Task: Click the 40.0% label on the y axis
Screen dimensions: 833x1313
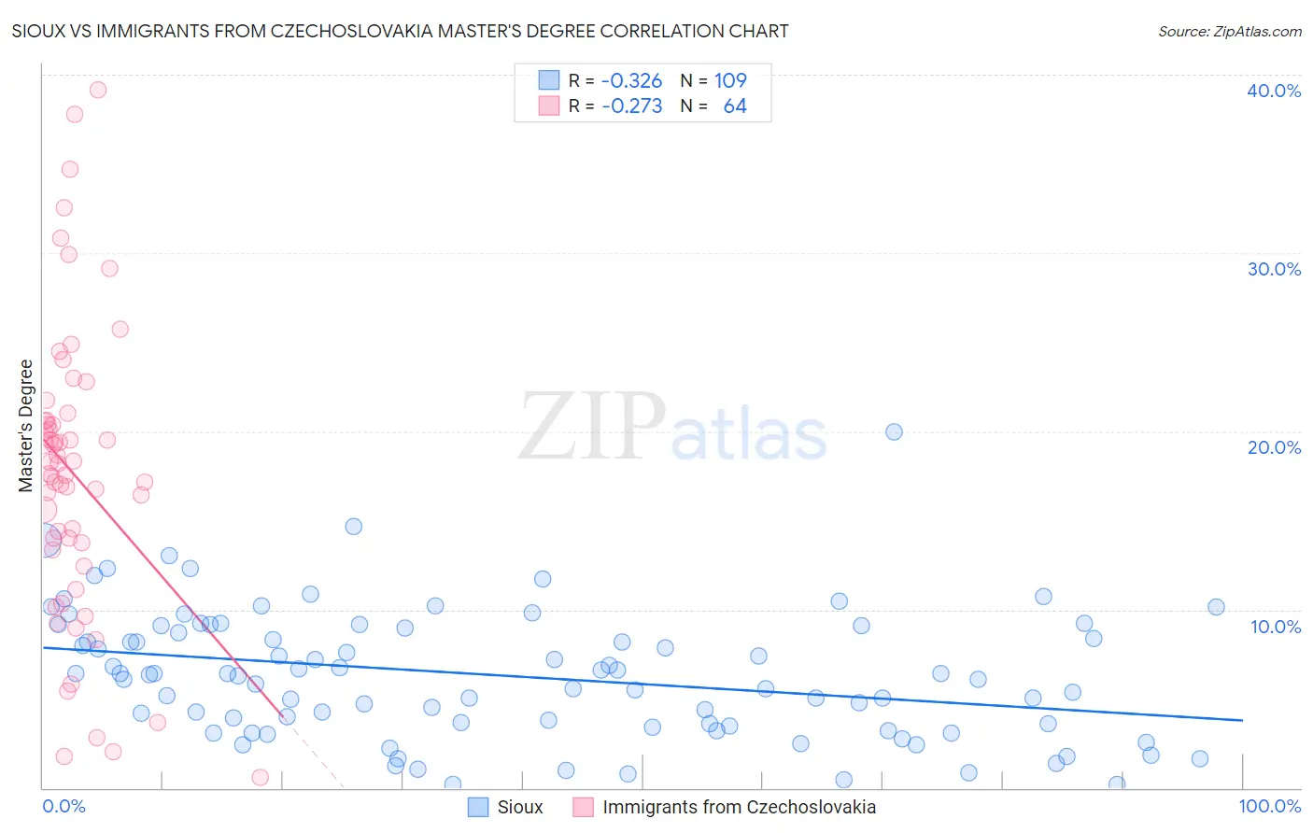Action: (1274, 91)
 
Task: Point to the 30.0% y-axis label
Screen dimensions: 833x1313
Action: (1274, 269)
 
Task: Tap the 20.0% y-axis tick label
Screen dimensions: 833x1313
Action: (1274, 447)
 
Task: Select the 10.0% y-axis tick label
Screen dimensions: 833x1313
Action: (1276, 627)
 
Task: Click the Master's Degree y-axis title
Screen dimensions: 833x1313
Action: (26, 426)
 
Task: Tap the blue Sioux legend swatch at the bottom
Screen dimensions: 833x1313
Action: (478, 808)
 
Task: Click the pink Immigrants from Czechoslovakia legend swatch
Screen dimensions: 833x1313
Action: (584, 808)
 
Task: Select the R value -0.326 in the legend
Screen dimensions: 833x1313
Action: (631, 80)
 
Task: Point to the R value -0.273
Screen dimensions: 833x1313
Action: (631, 106)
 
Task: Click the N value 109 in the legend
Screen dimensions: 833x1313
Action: (730, 80)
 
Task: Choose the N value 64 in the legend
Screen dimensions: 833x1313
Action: (735, 106)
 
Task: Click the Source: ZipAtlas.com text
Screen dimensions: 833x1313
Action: (1229, 32)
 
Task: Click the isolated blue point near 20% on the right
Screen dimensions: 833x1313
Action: (894, 431)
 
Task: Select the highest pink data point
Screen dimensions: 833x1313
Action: (98, 90)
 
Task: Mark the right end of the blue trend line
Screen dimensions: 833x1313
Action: (1242, 720)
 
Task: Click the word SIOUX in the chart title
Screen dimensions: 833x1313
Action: (35, 32)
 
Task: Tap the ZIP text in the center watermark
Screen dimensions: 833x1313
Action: (592, 428)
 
